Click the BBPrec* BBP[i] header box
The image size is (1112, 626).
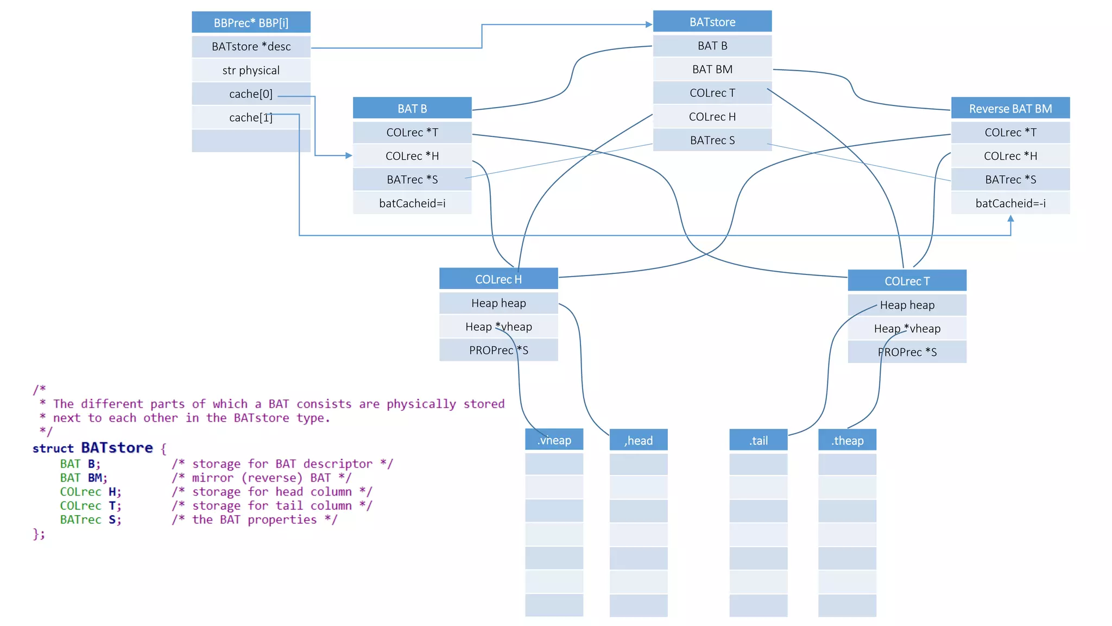pos(251,23)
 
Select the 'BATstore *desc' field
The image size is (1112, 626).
pos(251,47)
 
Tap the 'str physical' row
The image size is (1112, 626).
pos(251,70)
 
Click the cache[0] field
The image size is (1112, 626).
pos(251,94)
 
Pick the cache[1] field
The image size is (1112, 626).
pos(251,117)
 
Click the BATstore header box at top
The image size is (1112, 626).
pos(712,22)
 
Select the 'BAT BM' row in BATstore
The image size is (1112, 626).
pos(712,70)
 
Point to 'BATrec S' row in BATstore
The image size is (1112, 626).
pos(712,140)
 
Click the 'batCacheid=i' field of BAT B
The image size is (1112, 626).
pos(412,203)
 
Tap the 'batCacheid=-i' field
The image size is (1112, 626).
pos(1010,203)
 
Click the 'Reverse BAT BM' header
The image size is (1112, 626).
pos(1010,109)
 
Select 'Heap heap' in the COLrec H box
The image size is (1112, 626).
pos(498,303)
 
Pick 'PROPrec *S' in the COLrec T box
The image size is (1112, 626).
pos(907,352)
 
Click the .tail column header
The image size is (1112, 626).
pos(758,441)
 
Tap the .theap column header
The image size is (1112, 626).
pos(847,441)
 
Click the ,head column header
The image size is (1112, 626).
pos(638,441)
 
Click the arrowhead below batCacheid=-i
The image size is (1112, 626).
pos(1010,218)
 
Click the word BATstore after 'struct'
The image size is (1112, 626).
pos(117,448)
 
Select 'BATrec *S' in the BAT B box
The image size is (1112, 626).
pos(412,179)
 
